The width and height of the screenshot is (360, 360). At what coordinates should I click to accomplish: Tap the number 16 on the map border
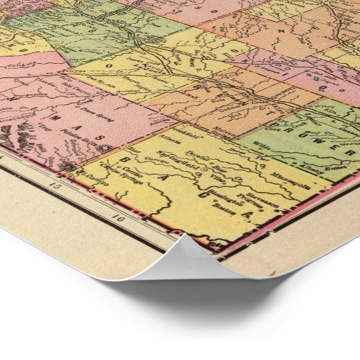(x=120, y=219)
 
